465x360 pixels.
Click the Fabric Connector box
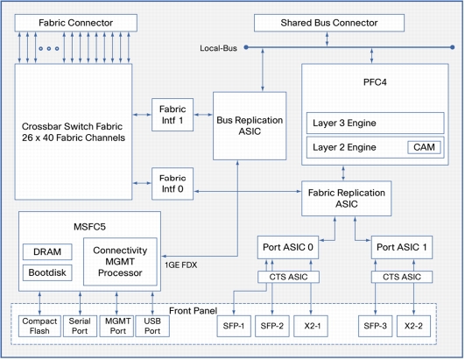click(76, 23)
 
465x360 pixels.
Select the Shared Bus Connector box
click(329, 23)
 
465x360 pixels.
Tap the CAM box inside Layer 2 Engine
click(424, 147)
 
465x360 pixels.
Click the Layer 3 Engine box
click(375, 123)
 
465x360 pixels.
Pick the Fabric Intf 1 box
click(173, 115)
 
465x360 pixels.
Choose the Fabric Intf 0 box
click(173, 184)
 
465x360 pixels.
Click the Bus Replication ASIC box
click(250, 126)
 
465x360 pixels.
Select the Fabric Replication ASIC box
click(347, 198)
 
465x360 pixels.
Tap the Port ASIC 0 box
click(288, 247)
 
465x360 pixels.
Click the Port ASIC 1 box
click(402, 247)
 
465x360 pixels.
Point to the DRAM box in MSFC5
click(47, 251)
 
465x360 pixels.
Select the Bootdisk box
click(47, 272)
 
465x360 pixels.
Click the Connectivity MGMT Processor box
click(120, 262)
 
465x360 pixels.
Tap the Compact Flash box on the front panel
click(39, 326)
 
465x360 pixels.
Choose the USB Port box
click(152, 326)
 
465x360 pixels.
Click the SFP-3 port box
click(375, 326)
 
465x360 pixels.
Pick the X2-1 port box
click(311, 326)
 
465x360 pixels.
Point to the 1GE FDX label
click(181, 265)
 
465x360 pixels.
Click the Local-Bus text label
click(218, 48)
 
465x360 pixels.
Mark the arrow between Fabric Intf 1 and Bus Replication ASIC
click(203, 115)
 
